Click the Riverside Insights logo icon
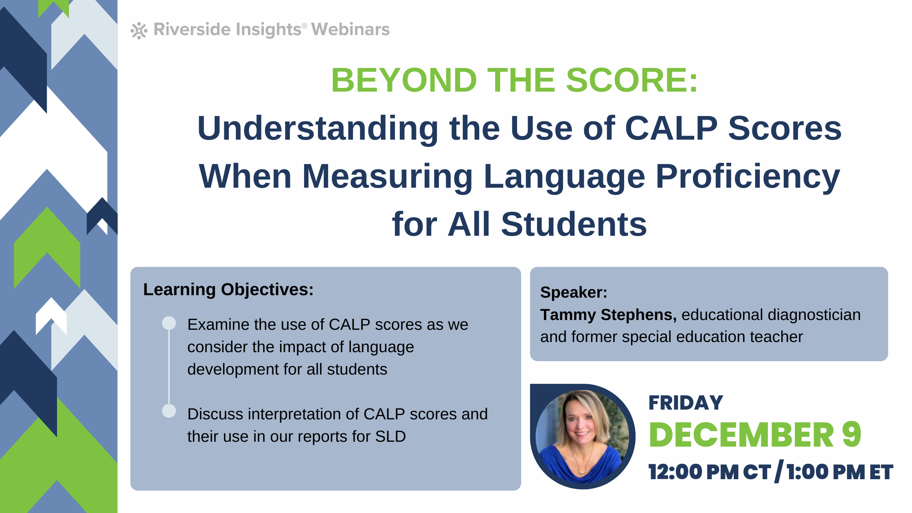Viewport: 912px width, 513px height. click(x=139, y=31)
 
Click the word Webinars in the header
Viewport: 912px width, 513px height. click(x=350, y=29)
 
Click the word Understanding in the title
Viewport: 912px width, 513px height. click(x=318, y=129)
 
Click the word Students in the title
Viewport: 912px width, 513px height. click(x=574, y=224)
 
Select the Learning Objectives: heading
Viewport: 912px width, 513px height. click(x=228, y=289)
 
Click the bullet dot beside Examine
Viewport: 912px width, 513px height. click(x=169, y=323)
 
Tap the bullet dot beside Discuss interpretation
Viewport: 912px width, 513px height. click(x=169, y=411)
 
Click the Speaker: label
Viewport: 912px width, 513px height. click(x=574, y=292)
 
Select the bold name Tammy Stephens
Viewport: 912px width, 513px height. click(x=608, y=315)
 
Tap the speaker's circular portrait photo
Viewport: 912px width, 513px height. click(x=582, y=436)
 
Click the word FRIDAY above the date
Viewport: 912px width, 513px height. click(x=686, y=403)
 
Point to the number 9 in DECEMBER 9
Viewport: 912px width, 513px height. click(x=851, y=434)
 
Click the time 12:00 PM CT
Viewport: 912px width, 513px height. click(x=710, y=472)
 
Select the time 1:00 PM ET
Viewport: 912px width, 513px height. click(x=840, y=472)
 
